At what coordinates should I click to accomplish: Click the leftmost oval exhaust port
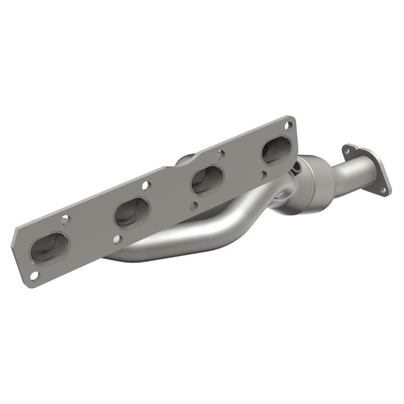click(49, 248)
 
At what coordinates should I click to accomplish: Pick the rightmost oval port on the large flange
click(276, 150)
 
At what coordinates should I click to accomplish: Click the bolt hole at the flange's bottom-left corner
click(34, 275)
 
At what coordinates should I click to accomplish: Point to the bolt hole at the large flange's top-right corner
click(288, 124)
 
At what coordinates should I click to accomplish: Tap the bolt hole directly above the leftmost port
click(65, 219)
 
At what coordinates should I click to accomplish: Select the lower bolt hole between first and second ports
click(117, 239)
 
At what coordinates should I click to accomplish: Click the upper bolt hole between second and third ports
click(145, 185)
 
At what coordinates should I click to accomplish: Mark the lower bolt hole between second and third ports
click(194, 206)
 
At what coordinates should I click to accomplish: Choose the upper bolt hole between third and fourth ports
click(220, 153)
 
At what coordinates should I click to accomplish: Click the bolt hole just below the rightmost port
click(263, 175)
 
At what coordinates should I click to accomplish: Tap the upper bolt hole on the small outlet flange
click(347, 150)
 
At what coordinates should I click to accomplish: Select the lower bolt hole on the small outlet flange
click(383, 191)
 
